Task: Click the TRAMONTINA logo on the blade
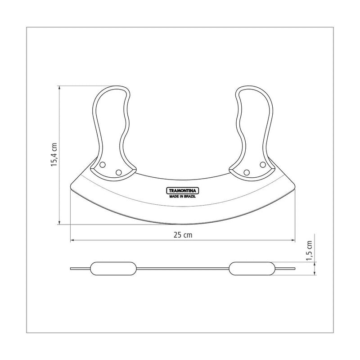pyautogui.click(x=182, y=190)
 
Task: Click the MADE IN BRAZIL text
pyautogui.click(x=183, y=197)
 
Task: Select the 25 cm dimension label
pyautogui.click(x=183, y=235)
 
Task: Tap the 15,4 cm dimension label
pyautogui.click(x=54, y=154)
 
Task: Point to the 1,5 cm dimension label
pyautogui.click(x=309, y=251)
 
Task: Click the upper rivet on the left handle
pyautogui.click(x=103, y=165)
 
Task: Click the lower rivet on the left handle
pyautogui.click(x=119, y=172)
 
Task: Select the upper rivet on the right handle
pyautogui.click(x=263, y=165)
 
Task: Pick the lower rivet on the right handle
pyautogui.click(x=247, y=172)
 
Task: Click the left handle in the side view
pyautogui.click(x=113, y=268)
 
